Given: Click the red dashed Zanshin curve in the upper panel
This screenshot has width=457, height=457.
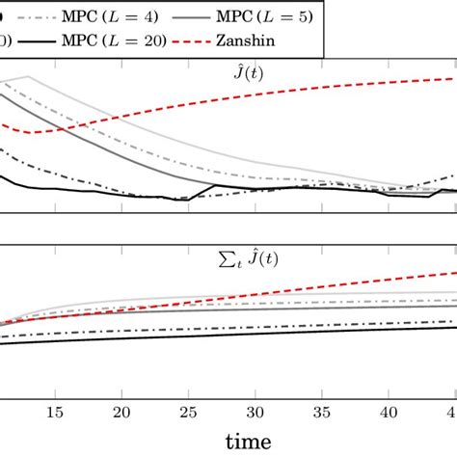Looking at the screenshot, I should [289, 97].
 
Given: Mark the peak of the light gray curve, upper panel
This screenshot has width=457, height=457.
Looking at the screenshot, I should [29, 76].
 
